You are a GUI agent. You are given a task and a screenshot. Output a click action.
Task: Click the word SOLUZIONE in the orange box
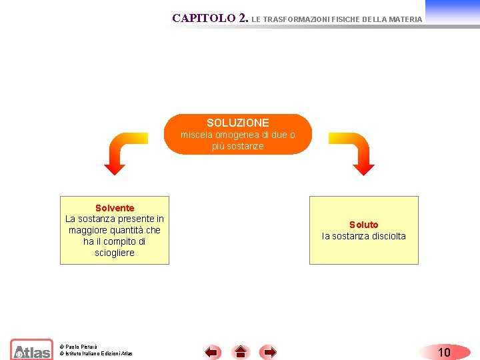click(238, 123)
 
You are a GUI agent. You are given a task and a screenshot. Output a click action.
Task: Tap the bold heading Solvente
click(115, 208)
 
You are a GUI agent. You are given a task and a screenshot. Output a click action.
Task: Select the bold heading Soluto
click(363, 225)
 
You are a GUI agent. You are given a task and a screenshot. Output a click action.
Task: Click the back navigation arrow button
click(213, 352)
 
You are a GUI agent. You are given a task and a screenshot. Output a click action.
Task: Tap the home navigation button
click(241, 352)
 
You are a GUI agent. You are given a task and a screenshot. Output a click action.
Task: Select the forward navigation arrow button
click(268, 352)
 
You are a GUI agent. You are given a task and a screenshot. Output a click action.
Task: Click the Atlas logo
click(31, 350)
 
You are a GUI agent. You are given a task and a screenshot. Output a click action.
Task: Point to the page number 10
click(444, 352)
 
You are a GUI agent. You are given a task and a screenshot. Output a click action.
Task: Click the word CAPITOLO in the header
click(203, 19)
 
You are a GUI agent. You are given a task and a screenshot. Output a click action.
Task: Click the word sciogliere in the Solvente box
click(115, 253)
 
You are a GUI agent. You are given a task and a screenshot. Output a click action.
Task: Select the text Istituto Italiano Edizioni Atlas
click(98, 353)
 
